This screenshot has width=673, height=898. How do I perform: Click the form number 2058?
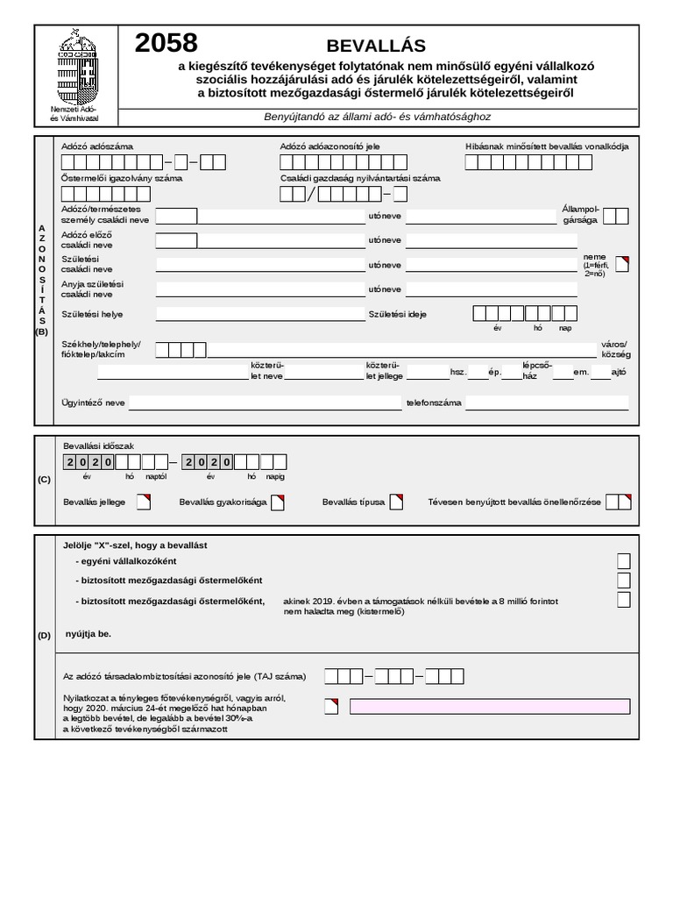point(166,44)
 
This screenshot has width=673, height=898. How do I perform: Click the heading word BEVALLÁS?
point(375,46)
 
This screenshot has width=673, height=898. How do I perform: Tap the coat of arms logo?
point(76,69)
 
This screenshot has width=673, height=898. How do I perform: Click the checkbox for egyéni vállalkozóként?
point(623,561)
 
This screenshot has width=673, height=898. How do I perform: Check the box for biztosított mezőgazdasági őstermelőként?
point(623,581)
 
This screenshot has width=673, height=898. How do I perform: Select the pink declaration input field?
point(489,706)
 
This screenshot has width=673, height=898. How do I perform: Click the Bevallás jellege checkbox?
point(144,502)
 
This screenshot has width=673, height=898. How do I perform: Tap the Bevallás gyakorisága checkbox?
point(277,502)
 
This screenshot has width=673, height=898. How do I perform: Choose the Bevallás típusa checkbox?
point(396,502)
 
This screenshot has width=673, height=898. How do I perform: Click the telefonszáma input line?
point(547,403)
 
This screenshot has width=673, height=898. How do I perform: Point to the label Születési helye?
point(92,314)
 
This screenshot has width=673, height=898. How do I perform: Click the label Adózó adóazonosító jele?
point(330,146)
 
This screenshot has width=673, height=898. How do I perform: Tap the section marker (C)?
point(44,480)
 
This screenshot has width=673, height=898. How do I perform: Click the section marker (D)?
point(44,636)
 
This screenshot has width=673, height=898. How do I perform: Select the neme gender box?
point(622,263)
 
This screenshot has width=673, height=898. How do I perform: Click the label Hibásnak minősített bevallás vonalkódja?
point(547,146)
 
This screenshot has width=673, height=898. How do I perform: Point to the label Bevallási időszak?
point(99,446)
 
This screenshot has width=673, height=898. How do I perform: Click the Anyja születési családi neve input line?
point(259,289)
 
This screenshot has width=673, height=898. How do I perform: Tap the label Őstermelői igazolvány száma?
point(122,178)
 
